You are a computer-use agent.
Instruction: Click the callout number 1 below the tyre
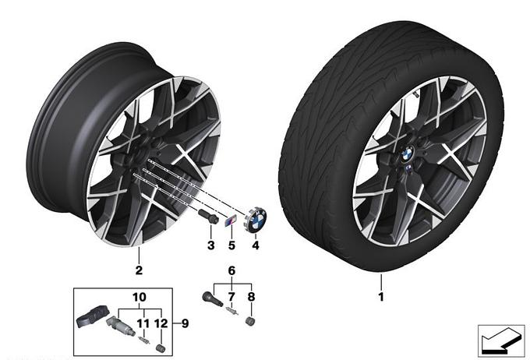coord(381,297)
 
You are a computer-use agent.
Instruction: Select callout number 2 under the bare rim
coord(139,270)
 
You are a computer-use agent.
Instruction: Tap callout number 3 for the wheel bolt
coord(211,245)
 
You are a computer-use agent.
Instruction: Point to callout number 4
coord(256,245)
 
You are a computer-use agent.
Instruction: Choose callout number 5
coord(231,245)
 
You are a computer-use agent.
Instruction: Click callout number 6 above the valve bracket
coord(231,270)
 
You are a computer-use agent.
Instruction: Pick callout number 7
coord(231,297)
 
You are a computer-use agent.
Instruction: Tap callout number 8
coord(251,297)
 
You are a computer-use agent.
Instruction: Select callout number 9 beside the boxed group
coord(185,323)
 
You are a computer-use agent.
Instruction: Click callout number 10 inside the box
coord(140,298)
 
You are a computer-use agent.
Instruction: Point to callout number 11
coord(143,323)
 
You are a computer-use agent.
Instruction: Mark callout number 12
coord(161,323)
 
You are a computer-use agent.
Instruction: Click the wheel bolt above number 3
coord(208,217)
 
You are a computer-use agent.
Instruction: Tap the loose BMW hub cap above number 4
coord(256,220)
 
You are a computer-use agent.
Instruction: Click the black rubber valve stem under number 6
coord(212,299)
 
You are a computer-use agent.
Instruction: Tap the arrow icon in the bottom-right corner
coord(501,341)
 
